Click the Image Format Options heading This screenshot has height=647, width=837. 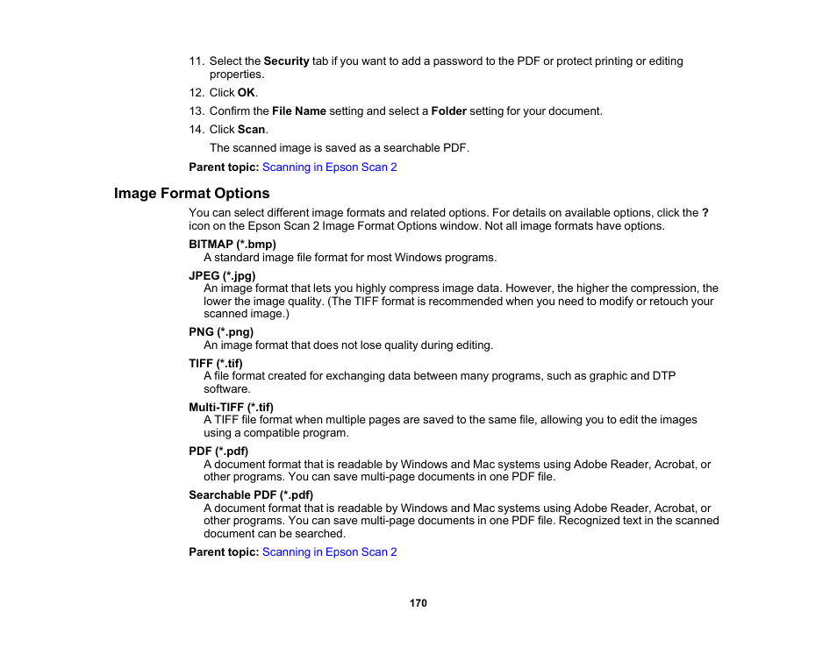click(191, 193)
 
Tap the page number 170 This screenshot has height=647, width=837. click(418, 603)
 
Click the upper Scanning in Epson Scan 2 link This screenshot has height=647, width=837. click(329, 167)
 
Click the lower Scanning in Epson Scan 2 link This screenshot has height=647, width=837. click(329, 551)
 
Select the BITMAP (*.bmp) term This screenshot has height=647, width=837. click(232, 244)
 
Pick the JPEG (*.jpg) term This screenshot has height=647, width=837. click(222, 275)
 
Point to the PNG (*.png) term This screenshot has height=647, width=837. click(221, 332)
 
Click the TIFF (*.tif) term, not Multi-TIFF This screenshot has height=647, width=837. click(216, 363)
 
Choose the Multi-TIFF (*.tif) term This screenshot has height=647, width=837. click(231, 407)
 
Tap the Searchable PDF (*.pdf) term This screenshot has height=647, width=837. click(251, 494)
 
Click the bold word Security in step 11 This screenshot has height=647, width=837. click(286, 61)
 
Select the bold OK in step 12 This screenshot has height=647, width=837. click(247, 92)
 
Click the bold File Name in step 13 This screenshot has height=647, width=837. click(299, 111)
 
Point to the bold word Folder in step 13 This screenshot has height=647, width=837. click(448, 111)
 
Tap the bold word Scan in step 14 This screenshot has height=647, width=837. click(251, 130)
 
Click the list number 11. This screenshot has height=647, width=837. click(196, 61)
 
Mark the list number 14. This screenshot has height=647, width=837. click(196, 130)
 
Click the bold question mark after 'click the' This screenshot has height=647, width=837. click(705, 213)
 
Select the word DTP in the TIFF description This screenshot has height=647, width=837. click(664, 376)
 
